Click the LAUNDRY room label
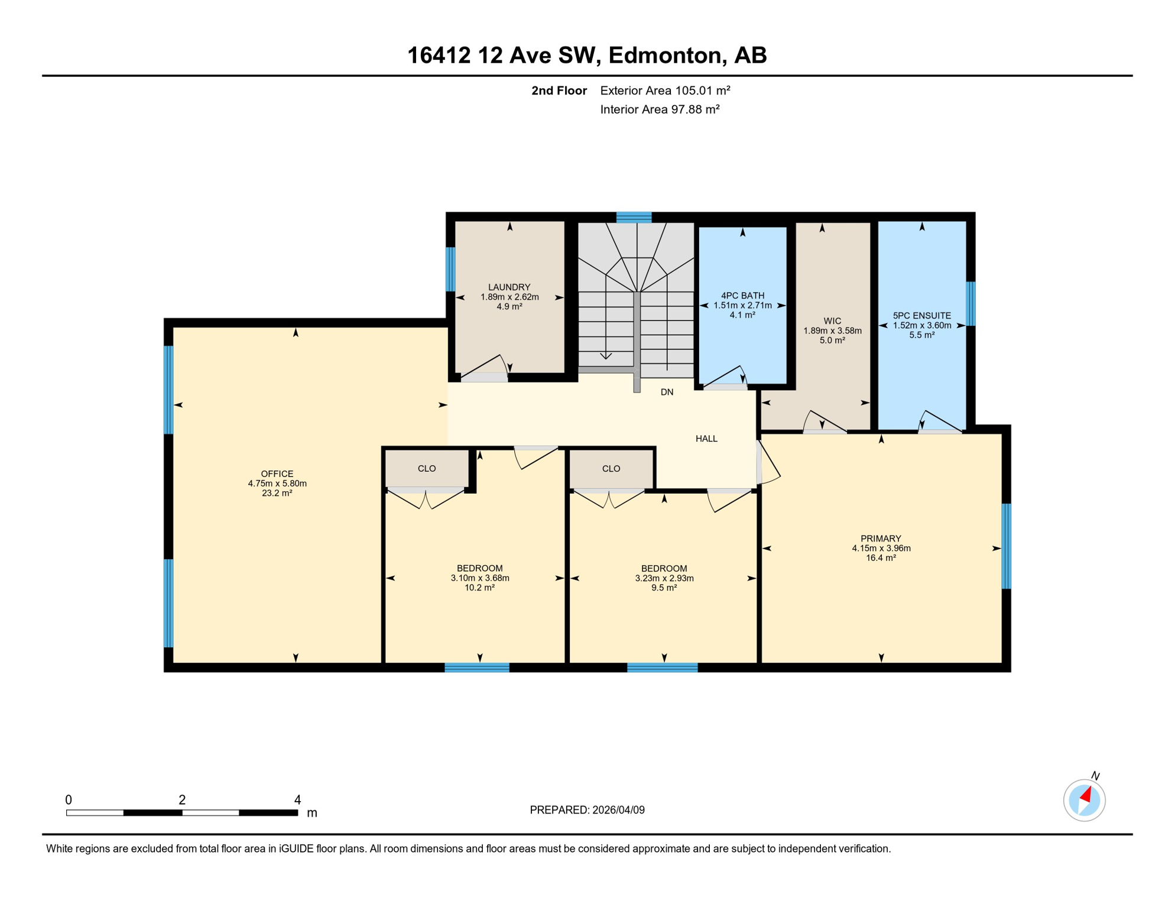coord(509,287)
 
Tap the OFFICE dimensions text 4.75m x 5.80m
coord(277,484)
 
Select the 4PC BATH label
coord(742,296)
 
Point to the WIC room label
coord(832,321)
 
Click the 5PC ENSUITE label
coord(921,316)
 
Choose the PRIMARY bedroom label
coord(881,539)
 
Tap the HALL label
coord(706,439)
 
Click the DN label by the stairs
coord(667,393)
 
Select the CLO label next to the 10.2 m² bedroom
coord(427,469)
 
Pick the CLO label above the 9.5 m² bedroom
coord(611,469)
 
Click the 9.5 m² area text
coord(664,588)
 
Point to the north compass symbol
coord(1084,800)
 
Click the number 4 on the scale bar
coord(297,800)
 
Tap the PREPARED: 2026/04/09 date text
coord(587,810)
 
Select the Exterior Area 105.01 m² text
coord(665,90)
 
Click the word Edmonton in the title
coord(667,55)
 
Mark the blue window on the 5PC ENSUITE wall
coord(970,304)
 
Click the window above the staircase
coord(634,218)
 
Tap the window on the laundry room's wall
coord(450,269)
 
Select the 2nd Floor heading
coord(559,90)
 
